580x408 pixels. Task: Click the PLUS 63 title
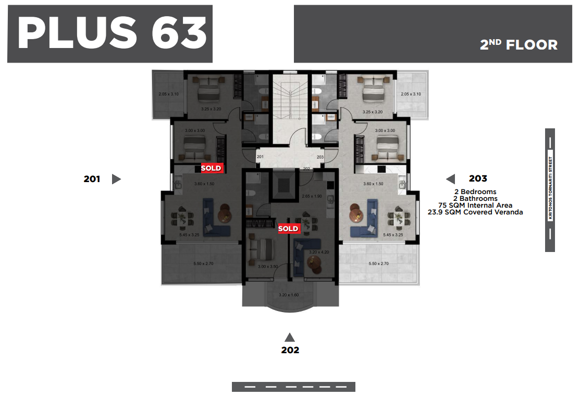point(112,33)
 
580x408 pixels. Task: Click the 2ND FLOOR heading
point(519,45)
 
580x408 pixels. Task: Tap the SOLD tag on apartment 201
point(211,168)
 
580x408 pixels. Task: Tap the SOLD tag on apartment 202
point(288,229)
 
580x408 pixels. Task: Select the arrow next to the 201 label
point(116,179)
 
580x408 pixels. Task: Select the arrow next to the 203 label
point(451,179)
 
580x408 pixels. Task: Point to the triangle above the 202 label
point(290,337)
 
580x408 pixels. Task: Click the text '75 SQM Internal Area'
point(475,205)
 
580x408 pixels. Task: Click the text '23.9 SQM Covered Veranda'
point(475,212)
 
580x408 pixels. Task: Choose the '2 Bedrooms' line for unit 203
point(475,192)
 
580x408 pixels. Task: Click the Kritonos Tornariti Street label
point(550,188)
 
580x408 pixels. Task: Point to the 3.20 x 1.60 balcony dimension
point(289,295)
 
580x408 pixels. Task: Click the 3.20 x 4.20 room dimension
point(319,252)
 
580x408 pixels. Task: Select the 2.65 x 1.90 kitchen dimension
point(312,196)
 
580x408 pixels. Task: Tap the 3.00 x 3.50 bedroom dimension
point(268,267)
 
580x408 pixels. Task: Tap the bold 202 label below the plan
point(290,350)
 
